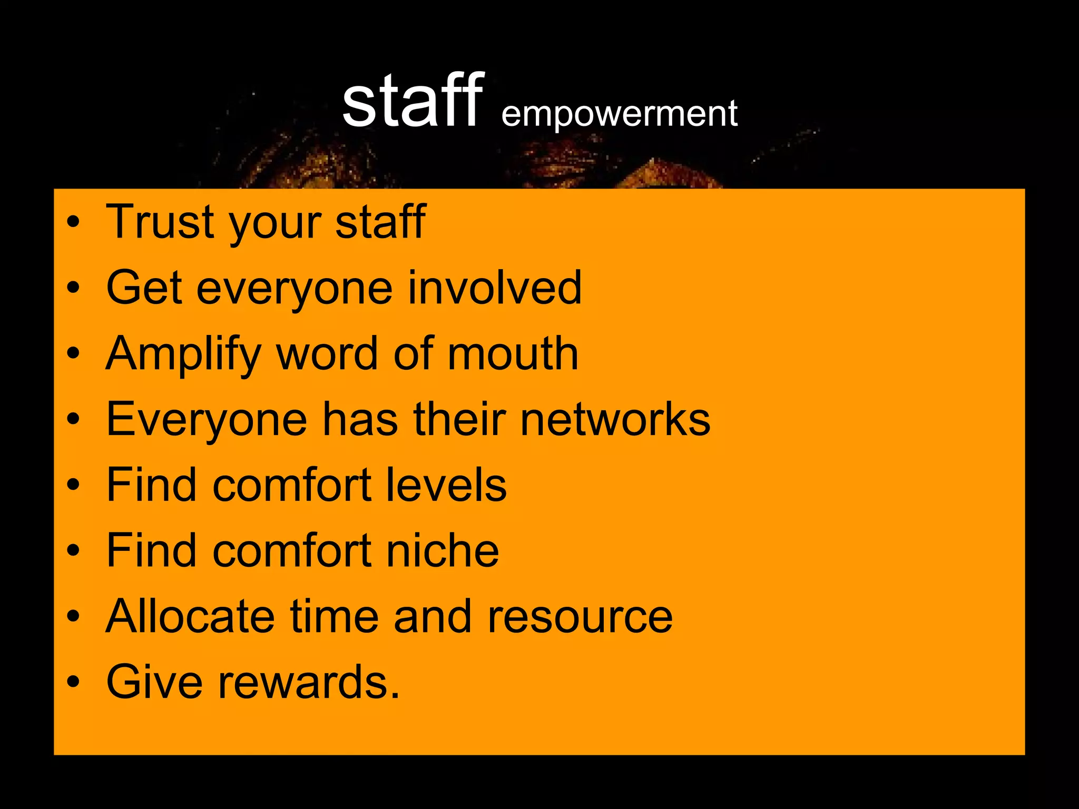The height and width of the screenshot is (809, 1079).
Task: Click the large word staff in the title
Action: tap(412, 101)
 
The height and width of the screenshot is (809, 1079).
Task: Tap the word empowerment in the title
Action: tap(619, 114)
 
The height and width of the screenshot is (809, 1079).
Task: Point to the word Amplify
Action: tap(183, 354)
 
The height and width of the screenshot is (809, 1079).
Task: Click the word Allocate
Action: tap(190, 616)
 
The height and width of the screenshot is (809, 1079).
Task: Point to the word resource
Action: tap(580, 617)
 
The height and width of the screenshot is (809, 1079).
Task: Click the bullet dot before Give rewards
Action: tap(73, 683)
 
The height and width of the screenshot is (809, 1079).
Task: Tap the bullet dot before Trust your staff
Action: tap(73, 222)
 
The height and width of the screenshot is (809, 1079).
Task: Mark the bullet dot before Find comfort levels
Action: tap(73, 485)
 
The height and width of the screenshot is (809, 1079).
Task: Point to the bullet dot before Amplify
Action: tap(73, 354)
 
